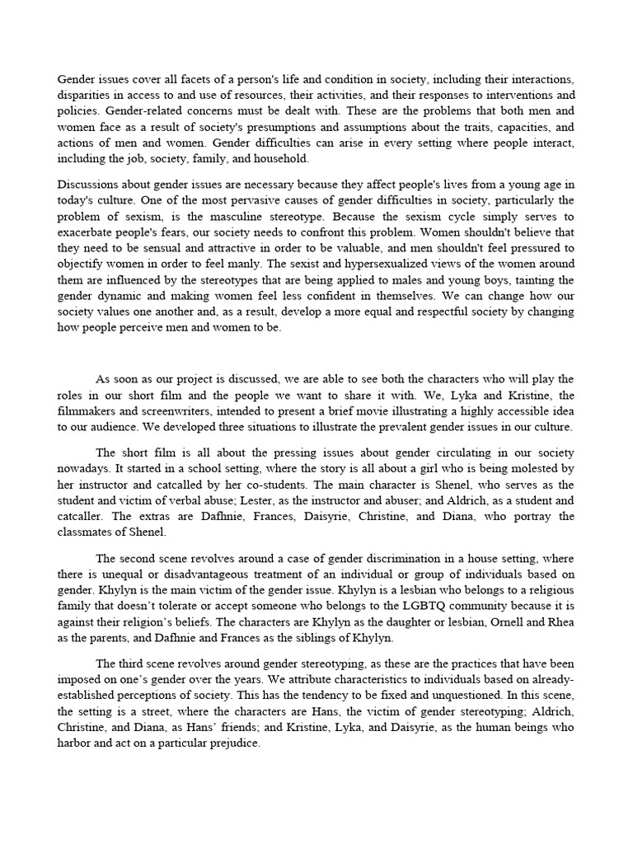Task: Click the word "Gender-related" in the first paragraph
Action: (x=129, y=110)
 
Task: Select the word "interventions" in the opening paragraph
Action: (x=541, y=95)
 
